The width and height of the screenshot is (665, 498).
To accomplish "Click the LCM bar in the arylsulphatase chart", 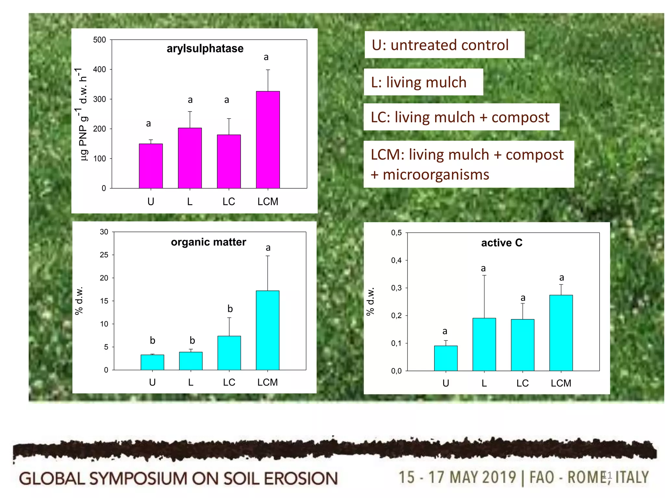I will [268, 140].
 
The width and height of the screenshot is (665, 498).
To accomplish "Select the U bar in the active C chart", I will [445, 358].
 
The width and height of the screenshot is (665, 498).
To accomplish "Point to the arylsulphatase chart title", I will [205, 49].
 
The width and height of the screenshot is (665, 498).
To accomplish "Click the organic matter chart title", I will [208, 242].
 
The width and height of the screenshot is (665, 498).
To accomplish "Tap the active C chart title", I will [502, 243].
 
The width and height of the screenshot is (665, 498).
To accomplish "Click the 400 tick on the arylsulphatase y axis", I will [99, 69].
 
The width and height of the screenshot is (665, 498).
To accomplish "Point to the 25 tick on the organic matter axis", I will [104, 255].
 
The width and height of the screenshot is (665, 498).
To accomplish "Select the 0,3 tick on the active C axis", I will [396, 288].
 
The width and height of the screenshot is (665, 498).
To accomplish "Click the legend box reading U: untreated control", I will [444, 45].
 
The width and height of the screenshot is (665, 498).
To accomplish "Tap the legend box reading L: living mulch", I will [423, 82].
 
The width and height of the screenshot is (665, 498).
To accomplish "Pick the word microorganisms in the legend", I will [436, 175].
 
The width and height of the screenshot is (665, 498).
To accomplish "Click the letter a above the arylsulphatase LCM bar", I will [266, 57].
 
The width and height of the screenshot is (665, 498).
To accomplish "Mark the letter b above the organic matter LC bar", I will [230, 309].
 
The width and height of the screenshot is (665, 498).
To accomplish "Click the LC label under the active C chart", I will [522, 383].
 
